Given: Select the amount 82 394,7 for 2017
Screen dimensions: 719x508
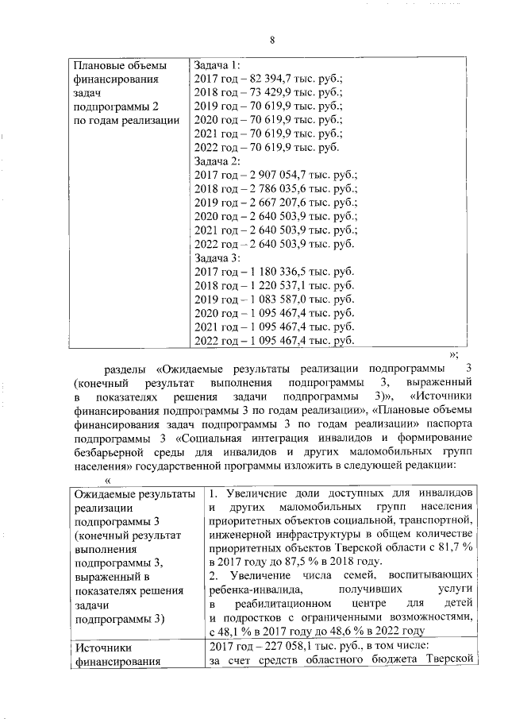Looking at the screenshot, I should pyautogui.click(x=271, y=79).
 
